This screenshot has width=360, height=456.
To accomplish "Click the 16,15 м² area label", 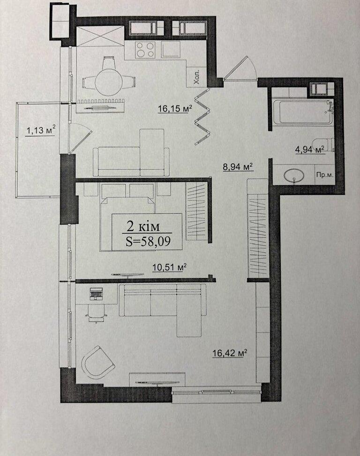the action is [x=175, y=109].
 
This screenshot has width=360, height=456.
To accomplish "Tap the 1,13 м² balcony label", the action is [x=41, y=130].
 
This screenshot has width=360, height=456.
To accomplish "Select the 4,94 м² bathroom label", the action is [x=310, y=150].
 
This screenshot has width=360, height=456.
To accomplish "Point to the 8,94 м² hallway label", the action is [x=238, y=167].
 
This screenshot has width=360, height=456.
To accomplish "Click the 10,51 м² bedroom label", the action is [x=169, y=267].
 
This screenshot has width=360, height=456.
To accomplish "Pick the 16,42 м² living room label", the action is [x=230, y=353].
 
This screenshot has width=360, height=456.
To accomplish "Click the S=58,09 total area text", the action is [x=148, y=241].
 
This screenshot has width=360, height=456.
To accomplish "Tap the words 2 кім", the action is [x=143, y=226].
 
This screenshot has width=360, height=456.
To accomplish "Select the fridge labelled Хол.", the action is [x=196, y=77].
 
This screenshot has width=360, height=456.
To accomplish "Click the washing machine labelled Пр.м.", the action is [x=324, y=174].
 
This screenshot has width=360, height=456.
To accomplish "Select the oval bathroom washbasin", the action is [x=294, y=175].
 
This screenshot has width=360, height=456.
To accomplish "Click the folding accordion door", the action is [x=202, y=117].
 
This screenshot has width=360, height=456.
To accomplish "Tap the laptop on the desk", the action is [x=96, y=294].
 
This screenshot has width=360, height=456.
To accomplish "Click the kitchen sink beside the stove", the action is [x=171, y=49].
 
